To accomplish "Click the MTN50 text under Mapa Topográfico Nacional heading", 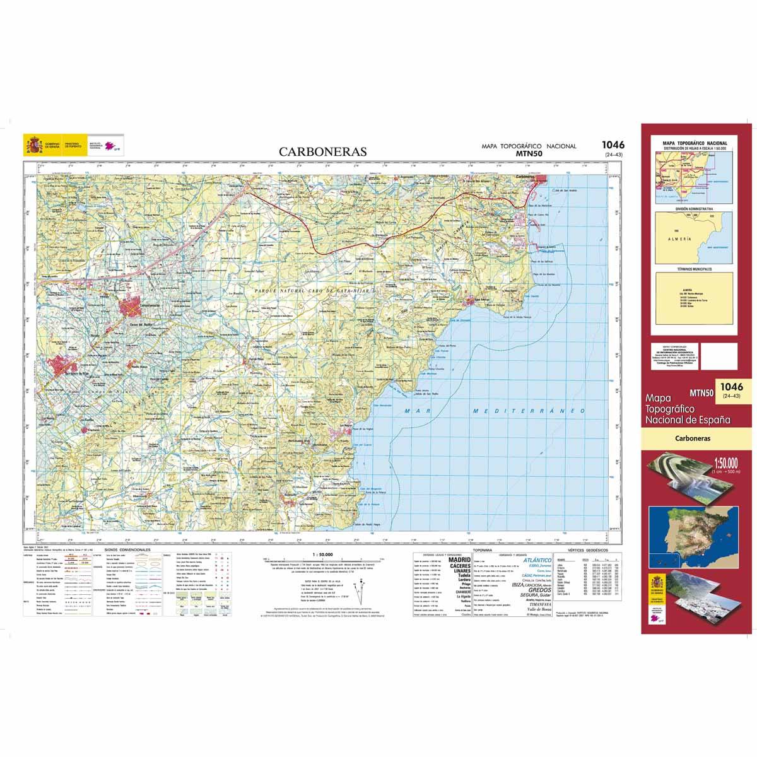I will click(529, 153).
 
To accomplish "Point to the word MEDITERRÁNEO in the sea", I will click(519, 411).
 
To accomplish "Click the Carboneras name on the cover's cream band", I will click(693, 438).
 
